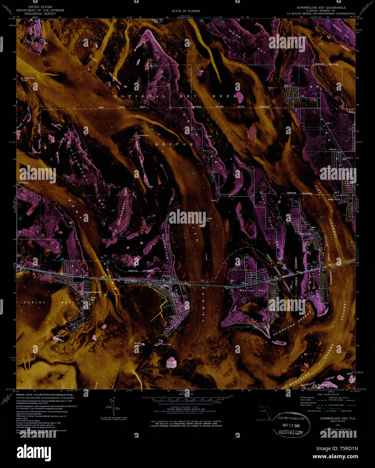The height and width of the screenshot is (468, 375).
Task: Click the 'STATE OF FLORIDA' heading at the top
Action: (186, 11)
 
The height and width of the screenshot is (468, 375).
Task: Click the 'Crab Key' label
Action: (166, 344)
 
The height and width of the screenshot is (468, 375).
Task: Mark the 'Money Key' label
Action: (138, 344)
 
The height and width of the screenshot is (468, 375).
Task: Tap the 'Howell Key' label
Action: (207, 220)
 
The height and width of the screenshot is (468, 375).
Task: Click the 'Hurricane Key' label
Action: (29, 79)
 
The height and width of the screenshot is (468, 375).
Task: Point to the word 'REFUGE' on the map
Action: (174, 144)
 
